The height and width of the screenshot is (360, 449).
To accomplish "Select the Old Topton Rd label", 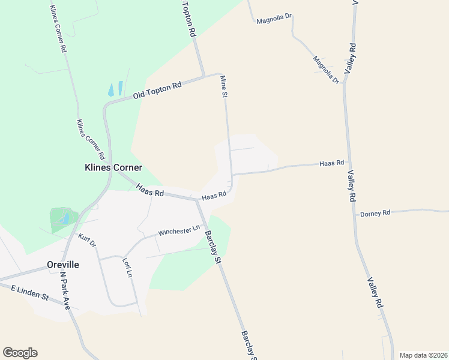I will click(157, 90).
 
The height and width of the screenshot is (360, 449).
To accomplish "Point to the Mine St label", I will click(224, 86).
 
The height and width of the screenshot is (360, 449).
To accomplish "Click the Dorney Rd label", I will click(375, 213).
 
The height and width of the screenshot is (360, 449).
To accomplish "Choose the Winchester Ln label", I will click(179, 230).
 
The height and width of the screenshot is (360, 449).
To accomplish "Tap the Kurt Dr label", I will click(88, 241).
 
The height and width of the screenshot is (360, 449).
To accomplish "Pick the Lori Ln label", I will click(127, 268).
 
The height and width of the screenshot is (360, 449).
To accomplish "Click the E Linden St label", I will click(30, 292).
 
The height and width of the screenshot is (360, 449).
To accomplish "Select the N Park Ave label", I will click(65, 290).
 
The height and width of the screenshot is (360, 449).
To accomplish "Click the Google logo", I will click(20, 352).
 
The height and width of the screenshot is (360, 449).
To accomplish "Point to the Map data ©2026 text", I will click(423, 355).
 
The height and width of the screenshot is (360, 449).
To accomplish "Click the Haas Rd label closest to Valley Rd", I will click(331, 163).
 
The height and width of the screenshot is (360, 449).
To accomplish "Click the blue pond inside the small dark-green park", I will click(64, 218).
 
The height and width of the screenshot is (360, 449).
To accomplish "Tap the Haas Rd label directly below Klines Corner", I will click(150, 191).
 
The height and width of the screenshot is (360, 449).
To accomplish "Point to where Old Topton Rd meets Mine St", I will click(221, 75).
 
